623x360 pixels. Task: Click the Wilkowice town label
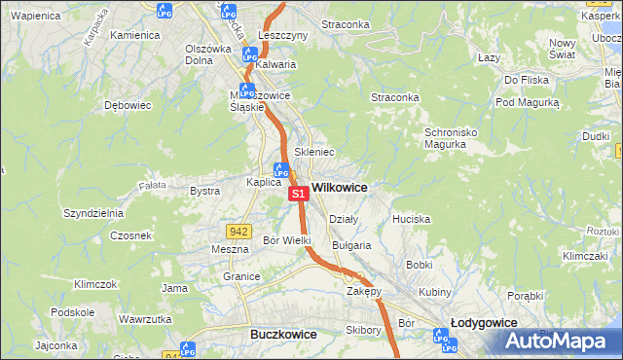[339, 187]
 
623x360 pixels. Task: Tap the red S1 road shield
[299, 195]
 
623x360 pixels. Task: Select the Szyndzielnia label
[92, 212]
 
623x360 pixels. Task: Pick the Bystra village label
[204, 191]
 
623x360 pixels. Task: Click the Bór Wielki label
[287, 239]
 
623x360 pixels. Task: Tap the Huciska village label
[411, 219]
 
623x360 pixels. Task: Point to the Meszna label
[231, 249]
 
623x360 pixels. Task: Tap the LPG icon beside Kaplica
[280, 169]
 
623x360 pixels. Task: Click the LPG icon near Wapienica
[164, 11]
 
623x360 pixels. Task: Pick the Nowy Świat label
[563, 49]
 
